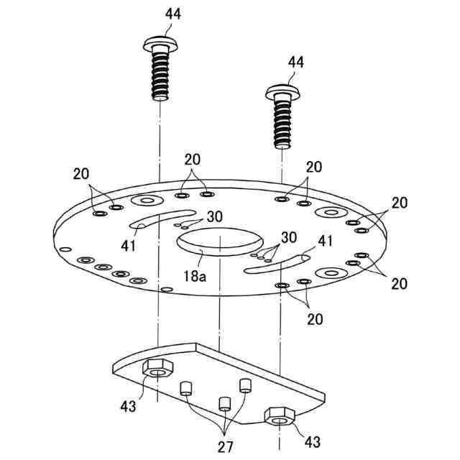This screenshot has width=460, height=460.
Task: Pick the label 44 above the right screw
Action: click(x=295, y=63)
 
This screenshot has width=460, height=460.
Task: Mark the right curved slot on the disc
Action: click(x=276, y=263)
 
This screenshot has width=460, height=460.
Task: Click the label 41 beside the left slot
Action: click(x=129, y=245)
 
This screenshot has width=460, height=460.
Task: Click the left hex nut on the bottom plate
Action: click(x=157, y=367)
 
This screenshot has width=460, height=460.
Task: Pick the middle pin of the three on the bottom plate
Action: click(x=223, y=402)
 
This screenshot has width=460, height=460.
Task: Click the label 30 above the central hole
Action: click(x=215, y=216)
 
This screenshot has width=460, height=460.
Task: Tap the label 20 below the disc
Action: click(x=313, y=318)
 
